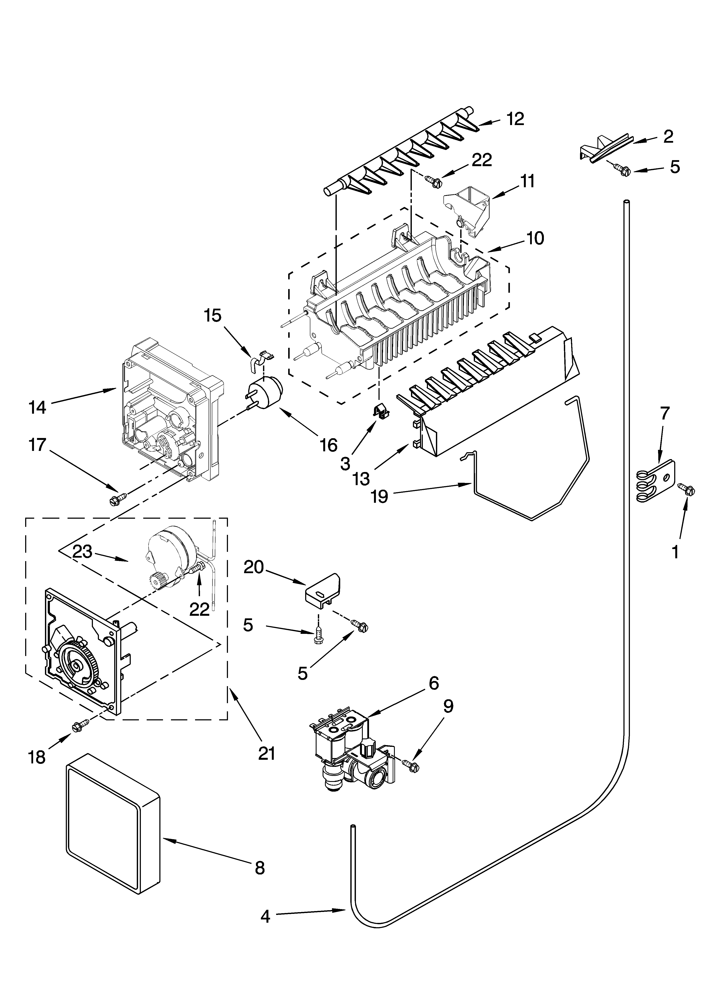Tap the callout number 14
point(37,408)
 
